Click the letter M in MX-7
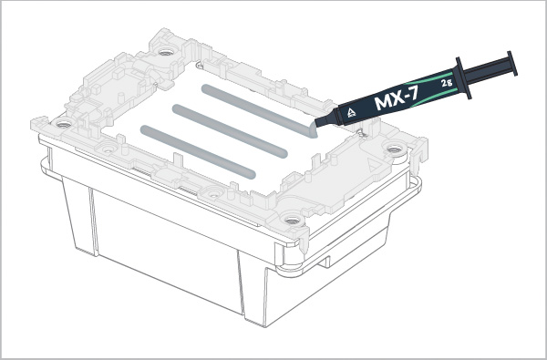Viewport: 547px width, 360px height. [383, 103]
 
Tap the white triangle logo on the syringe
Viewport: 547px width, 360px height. [349, 114]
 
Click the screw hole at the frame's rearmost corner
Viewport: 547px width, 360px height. [164, 52]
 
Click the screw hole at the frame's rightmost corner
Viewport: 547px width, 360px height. [394, 148]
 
